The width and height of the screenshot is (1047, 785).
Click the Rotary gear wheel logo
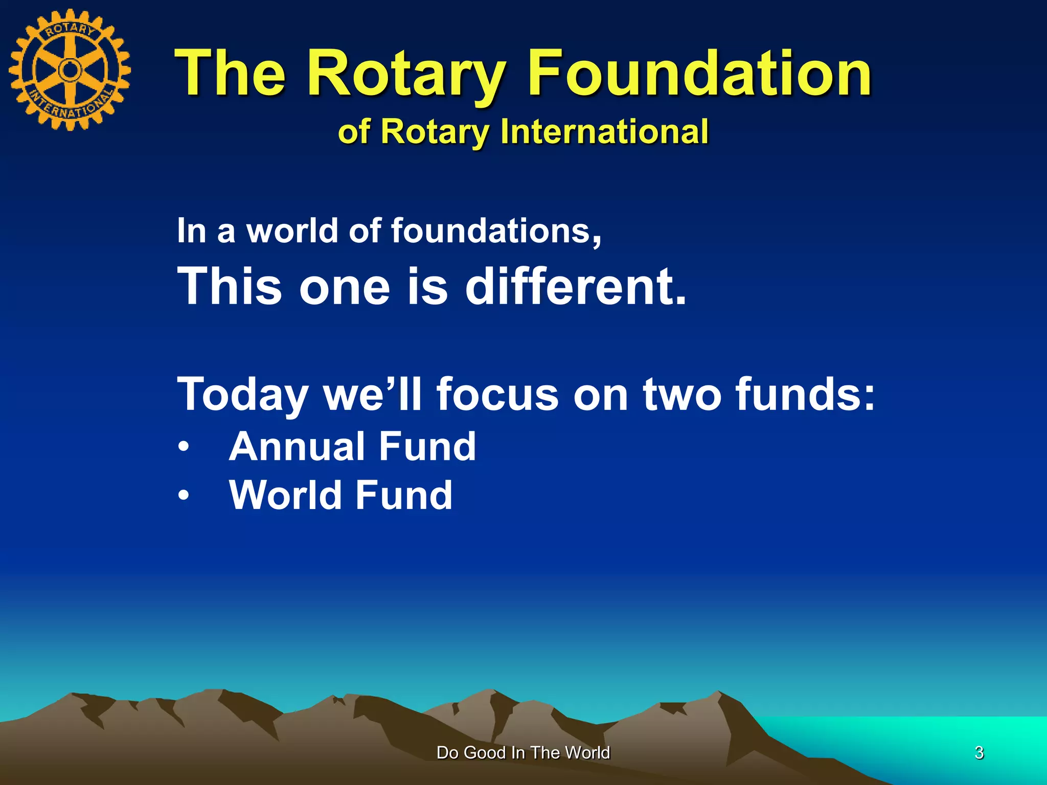pos(70,70)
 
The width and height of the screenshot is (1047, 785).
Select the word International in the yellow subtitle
pos(604,131)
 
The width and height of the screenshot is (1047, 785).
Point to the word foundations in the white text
pos(496,230)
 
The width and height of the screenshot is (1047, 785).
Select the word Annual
pos(297,447)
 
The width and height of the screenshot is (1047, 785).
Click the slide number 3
pos(979,753)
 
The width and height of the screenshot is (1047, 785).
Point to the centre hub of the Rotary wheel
pos(69,70)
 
